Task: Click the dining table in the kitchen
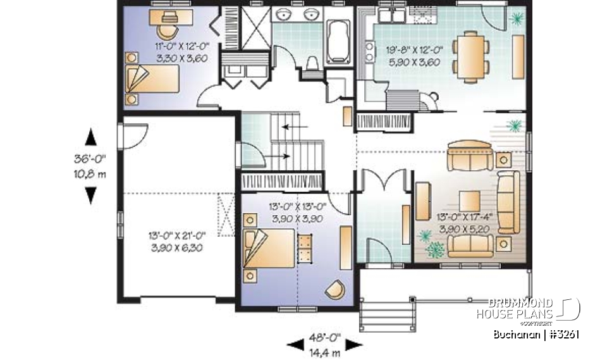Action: tap(471, 56)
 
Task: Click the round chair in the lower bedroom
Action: tap(336, 289)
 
